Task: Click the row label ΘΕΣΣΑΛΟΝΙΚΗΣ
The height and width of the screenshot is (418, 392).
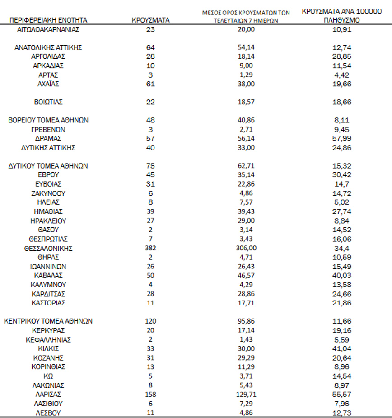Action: pos(48,248)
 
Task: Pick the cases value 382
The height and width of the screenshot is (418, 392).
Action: pos(150,248)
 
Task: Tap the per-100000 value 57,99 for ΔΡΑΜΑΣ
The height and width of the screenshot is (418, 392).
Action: pos(341,138)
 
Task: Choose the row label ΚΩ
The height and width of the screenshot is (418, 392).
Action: pos(48,376)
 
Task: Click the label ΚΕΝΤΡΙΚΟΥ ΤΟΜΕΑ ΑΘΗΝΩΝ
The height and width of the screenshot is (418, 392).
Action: pos(48,321)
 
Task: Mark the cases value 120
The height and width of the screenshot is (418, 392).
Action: pos(150,321)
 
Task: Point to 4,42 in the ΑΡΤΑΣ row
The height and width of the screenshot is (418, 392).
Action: pos(341,75)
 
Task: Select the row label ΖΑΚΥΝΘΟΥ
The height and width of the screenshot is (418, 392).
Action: pos(48,193)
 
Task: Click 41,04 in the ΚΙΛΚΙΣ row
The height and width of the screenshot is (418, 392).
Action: pos(341,349)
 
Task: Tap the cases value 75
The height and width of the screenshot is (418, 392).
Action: pos(150,166)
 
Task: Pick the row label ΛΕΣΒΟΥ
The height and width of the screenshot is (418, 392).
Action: pos(48,413)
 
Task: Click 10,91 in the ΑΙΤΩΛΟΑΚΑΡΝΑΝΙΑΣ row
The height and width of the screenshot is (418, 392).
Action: pos(341,29)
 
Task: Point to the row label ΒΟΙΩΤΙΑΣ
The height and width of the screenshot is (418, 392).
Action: pos(48,102)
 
